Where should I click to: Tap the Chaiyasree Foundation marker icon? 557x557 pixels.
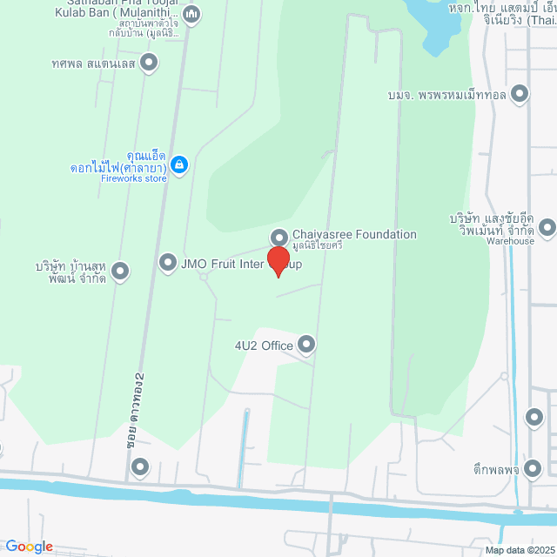[x=279, y=237]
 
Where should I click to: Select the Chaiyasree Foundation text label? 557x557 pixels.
[x=354, y=234]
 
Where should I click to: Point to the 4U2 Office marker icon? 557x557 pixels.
[x=306, y=346]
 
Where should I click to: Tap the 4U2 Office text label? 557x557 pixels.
[x=264, y=346]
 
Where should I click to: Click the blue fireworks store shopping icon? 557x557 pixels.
[x=179, y=164]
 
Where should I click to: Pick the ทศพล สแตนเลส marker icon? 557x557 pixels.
[x=150, y=62]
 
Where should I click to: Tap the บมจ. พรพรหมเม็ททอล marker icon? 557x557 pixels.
[x=520, y=93]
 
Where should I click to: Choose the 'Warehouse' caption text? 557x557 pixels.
[x=511, y=241]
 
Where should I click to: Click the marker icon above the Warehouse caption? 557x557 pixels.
[x=547, y=228]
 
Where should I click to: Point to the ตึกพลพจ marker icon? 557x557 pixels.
[x=534, y=470]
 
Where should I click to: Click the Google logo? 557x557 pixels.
[x=29, y=547]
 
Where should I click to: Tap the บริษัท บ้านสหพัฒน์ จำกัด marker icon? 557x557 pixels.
[x=120, y=272]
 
